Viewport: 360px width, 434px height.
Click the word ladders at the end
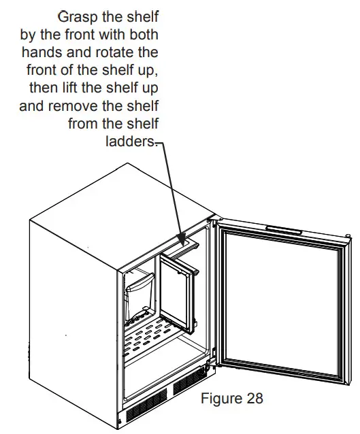point(131,141)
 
